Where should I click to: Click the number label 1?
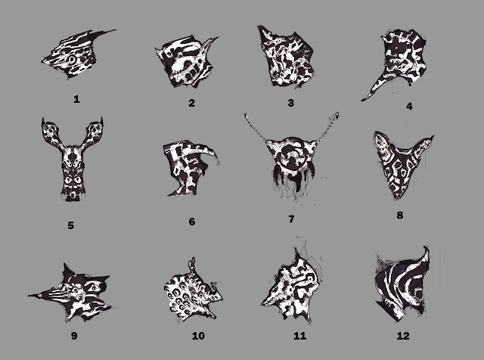(x=76, y=99)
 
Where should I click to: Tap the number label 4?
(x=409, y=106)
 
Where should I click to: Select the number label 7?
(x=291, y=219)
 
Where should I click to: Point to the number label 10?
(x=198, y=336)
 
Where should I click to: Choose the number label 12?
(x=403, y=336)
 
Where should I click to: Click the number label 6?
(x=191, y=222)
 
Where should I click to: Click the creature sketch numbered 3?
(x=287, y=57)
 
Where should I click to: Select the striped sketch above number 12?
(x=402, y=284)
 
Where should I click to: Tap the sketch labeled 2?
(x=186, y=62)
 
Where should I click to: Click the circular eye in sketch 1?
(x=73, y=59)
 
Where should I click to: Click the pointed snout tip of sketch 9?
(x=29, y=296)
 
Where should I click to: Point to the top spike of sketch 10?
(x=194, y=259)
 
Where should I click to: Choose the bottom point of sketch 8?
(x=396, y=198)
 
